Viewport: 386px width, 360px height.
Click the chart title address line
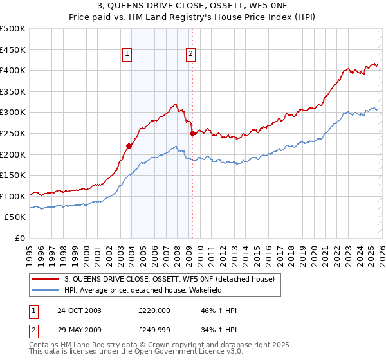click(193, 6)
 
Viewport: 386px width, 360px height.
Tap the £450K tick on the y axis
click(13, 50)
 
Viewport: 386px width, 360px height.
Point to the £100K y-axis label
click(13, 196)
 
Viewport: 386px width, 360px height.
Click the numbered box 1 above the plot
click(127, 55)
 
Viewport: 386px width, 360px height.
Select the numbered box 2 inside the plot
click(191, 55)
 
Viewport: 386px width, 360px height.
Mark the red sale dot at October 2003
click(129, 146)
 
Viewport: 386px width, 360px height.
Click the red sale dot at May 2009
click(192, 133)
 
